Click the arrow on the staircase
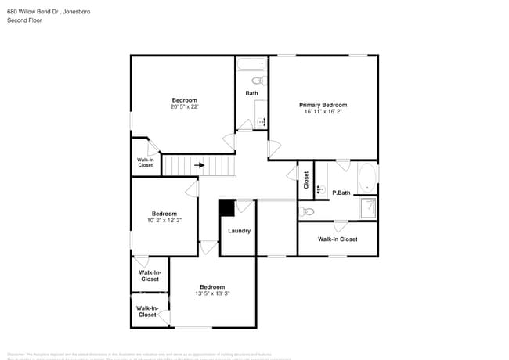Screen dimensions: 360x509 click(200, 165)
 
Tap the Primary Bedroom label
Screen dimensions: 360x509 click(323, 105)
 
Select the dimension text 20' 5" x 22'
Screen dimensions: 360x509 click(184, 107)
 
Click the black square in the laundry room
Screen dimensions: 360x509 click(226, 207)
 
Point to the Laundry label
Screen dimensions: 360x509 click(239, 231)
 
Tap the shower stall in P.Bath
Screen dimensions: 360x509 click(366, 207)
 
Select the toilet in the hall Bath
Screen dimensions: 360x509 click(257, 81)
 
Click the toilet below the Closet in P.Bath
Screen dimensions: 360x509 click(308, 211)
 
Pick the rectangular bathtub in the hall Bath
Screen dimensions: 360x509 click(251, 67)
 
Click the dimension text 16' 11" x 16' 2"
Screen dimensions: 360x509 click(323, 112)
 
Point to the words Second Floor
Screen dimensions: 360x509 click(24, 20)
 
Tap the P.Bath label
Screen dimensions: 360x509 click(341, 193)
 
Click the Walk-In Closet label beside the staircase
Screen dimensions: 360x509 click(145, 162)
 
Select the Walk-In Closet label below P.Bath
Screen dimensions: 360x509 click(337, 239)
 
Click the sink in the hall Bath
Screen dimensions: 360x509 click(262, 121)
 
